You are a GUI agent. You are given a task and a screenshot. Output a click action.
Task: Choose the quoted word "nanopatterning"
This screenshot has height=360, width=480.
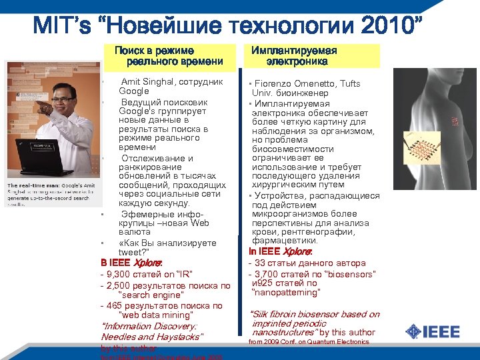pyautogui.click(x=286, y=292)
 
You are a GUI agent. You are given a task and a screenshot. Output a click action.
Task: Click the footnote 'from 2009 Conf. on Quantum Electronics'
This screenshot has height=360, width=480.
pyautogui.click(x=309, y=342)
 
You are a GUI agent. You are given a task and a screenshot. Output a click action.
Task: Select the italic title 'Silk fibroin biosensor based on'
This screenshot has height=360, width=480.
pyautogui.click(x=314, y=314)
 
